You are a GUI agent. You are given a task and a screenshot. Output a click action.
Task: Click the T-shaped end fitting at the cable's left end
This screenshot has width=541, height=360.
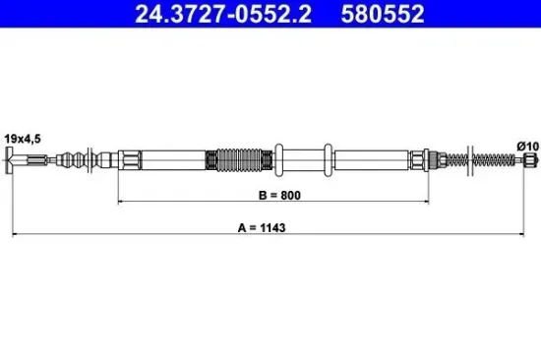tap(15, 160)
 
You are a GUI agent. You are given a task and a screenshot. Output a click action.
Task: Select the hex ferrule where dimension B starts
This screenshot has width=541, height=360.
tap(128, 158)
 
